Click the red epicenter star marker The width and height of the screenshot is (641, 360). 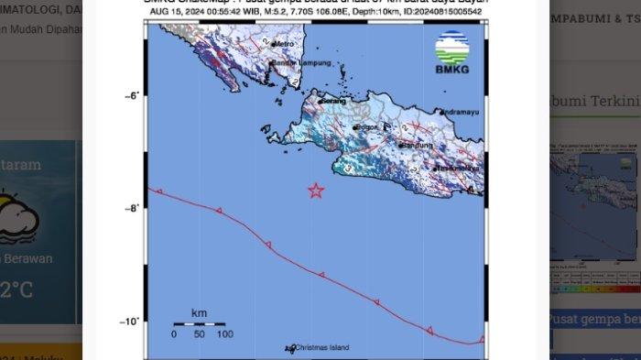pos(316,191)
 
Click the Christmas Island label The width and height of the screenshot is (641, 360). pos(320,347)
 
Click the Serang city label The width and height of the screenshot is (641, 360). pos(326,102)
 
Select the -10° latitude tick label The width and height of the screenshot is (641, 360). pos(130,321)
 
